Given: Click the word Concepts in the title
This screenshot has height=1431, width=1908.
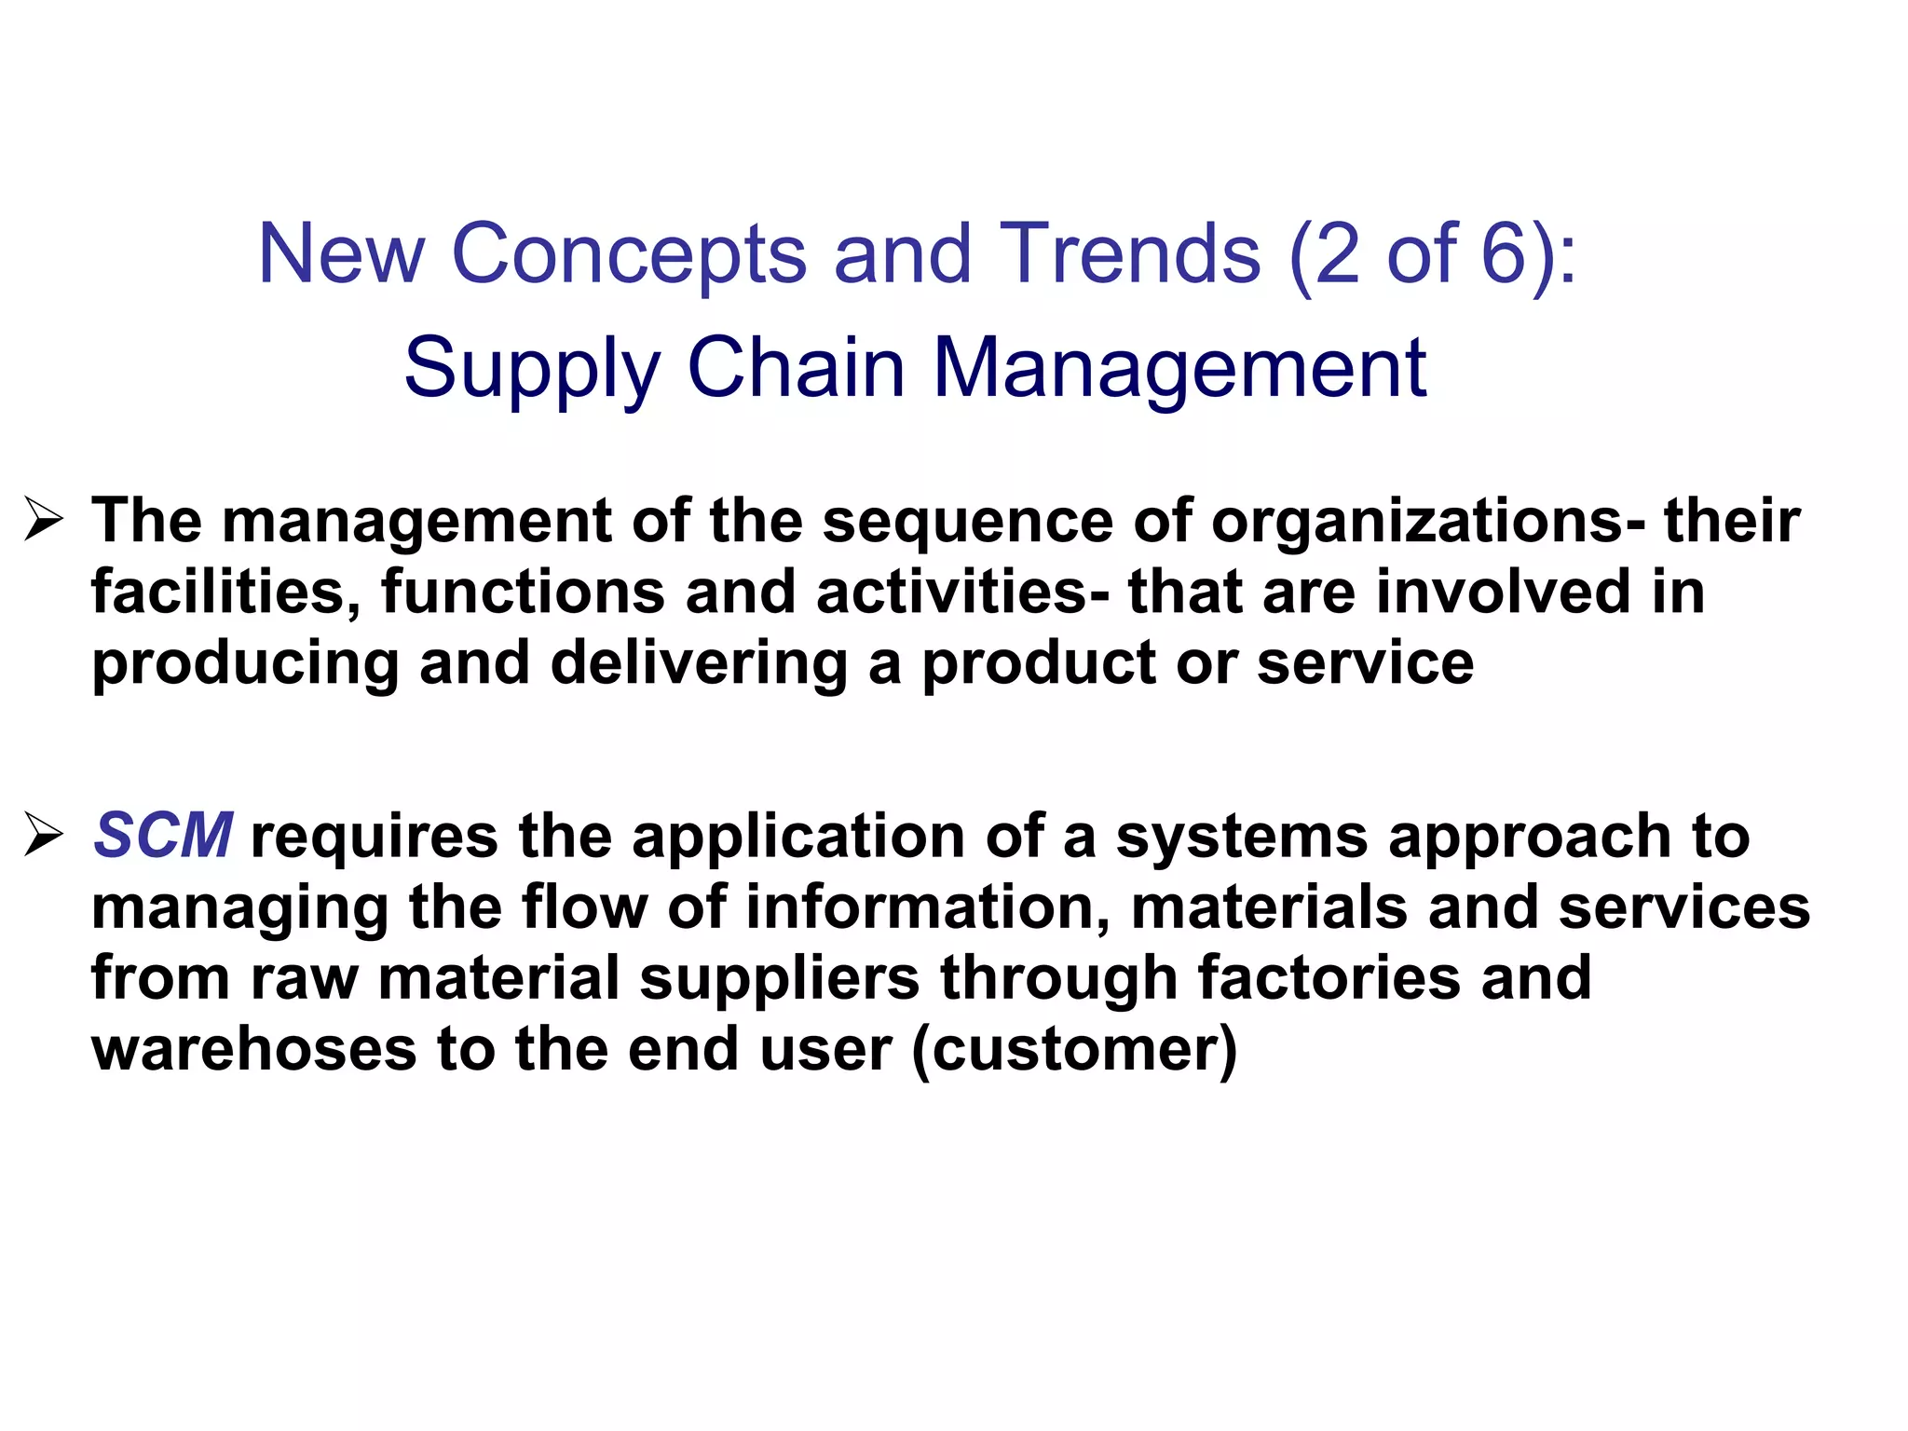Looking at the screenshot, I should (629, 254).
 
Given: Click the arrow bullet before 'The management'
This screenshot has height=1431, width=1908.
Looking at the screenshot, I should (44, 520).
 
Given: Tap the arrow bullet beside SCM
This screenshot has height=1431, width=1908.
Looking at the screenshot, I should (44, 834).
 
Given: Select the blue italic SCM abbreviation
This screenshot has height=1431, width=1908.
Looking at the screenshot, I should (162, 835).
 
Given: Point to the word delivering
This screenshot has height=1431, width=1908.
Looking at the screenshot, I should (699, 663).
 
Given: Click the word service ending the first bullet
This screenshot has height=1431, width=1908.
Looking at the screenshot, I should (1365, 663).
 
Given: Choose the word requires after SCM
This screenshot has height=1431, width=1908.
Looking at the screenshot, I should (375, 836).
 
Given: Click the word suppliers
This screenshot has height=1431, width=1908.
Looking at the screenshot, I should (780, 977).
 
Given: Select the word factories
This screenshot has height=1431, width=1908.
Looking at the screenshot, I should (1329, 977).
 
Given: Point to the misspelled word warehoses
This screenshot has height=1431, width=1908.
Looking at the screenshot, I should (253, 1049).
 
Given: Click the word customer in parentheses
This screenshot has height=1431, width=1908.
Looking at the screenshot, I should (1074, 1050).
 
